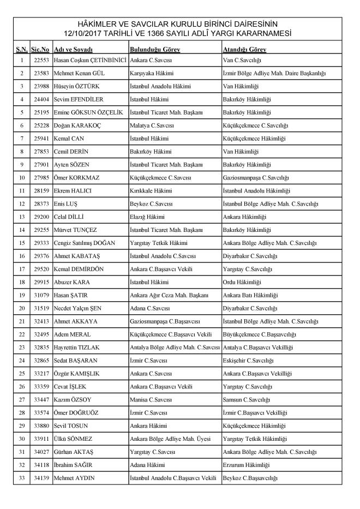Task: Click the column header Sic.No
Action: pyautogui.click(x=41, y=50)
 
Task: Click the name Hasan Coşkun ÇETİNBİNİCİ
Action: pyautogui.click(x=90, y=59)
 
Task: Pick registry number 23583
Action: pyautogui.click(x=41, y=73)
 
